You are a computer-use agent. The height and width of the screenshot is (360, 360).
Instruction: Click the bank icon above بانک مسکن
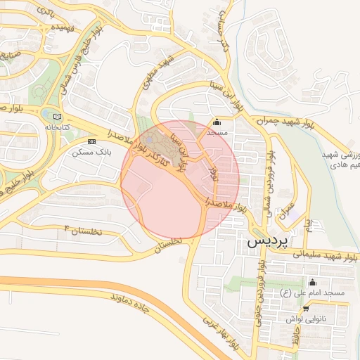tap(91, 141)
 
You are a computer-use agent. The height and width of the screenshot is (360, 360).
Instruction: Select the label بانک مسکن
tap(87, 152)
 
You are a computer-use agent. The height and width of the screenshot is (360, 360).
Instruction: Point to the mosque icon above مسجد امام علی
tap(312, 282)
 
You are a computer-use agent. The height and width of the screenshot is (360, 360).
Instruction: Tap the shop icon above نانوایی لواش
tap(306, 308)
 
